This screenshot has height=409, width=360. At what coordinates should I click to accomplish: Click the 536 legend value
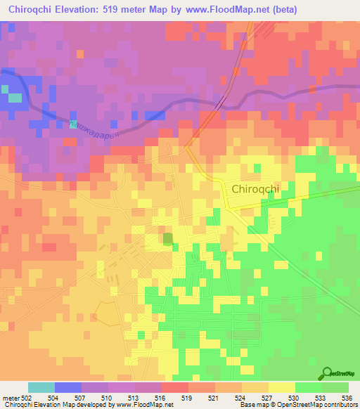point(345,398)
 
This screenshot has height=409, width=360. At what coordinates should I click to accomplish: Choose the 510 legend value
point(108,398)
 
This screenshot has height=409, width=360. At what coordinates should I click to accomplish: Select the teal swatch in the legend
point(41,387)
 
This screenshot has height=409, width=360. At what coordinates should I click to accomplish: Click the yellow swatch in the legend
point(282,387)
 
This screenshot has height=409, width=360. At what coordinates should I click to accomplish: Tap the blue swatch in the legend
point(68,387)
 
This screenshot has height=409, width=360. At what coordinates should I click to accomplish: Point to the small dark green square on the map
point(168,240)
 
